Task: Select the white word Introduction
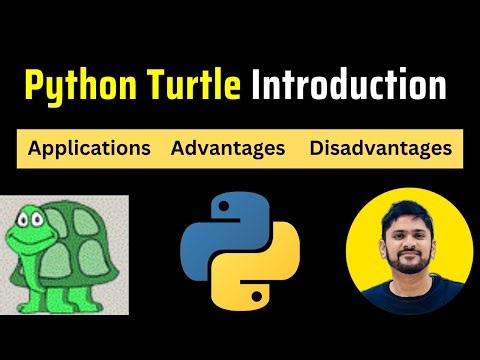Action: click(x=350, y=87)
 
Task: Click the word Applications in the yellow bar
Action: click(x=90, y=149)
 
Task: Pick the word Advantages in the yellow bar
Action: click(x=228, y=149)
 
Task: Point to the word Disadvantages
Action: click(x=380, y=149)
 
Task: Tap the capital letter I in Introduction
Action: click(x=258, y=87)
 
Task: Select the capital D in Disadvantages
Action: click(x=317, y=149)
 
